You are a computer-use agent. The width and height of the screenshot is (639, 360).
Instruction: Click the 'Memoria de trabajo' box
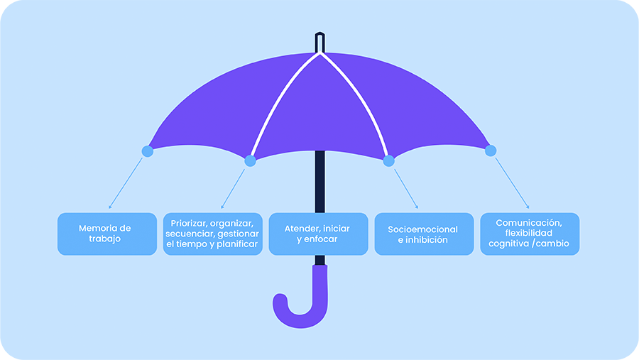pyautogui.click(x=107, y=234)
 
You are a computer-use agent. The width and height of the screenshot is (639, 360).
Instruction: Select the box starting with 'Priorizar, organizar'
pyautogui.click(x=213, y=234)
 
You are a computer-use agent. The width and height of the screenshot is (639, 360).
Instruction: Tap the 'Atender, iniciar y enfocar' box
pyautogui.click(x=318, y=234)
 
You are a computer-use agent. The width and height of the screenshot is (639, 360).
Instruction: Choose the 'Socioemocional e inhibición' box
pyautogui.click(x=425, y=234)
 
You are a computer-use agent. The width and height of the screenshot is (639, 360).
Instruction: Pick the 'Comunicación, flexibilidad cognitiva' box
pyautogui.click(x=530, y=234)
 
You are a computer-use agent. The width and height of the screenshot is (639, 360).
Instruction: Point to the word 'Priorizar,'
pyautogui.click(x=189, y=224)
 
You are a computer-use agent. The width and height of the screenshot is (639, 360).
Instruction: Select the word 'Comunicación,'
pyautogui.click(x=529, y=223)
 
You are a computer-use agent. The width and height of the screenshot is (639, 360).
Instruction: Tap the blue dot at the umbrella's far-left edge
pyautogui.click(x=148, y=151)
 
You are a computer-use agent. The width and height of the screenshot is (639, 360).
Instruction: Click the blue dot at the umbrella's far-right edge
pyautogui.click(x=491, y=151)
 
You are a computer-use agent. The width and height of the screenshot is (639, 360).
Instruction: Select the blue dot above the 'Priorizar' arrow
pyautogui.click(x=250, y=161)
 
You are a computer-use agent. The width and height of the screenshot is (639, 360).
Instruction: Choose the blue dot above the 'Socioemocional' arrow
pyautogui.click(x=389, y=161)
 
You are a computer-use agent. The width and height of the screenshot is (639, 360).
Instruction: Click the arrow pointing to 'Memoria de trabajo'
pyautogui.click(x=126, y=183)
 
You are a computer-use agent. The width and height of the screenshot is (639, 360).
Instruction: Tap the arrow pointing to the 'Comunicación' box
pyautogui.click(x=512, y=183)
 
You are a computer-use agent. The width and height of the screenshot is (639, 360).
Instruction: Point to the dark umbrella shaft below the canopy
pyautogui.click(x=320, y=182)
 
